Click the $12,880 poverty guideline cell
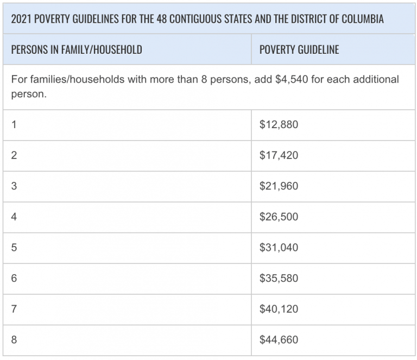(x=279, y=125)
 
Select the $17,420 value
(x=279, y=156)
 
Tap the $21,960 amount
(x=279, y=186)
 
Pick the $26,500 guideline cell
(x=279, y=217)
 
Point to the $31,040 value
(x=279, y=248)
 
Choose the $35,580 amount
(x=279, y=279)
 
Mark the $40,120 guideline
(x=279, y=310)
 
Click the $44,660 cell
(x=279, y=340)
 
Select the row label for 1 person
(x=14, y=125)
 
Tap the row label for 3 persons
(x=14, y=186)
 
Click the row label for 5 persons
(x=14, y=248)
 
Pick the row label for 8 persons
(x=14, y=340)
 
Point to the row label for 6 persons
(x=14, y=279)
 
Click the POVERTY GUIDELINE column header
(x=299, y=50)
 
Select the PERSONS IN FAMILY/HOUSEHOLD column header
(x=77, y=50)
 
